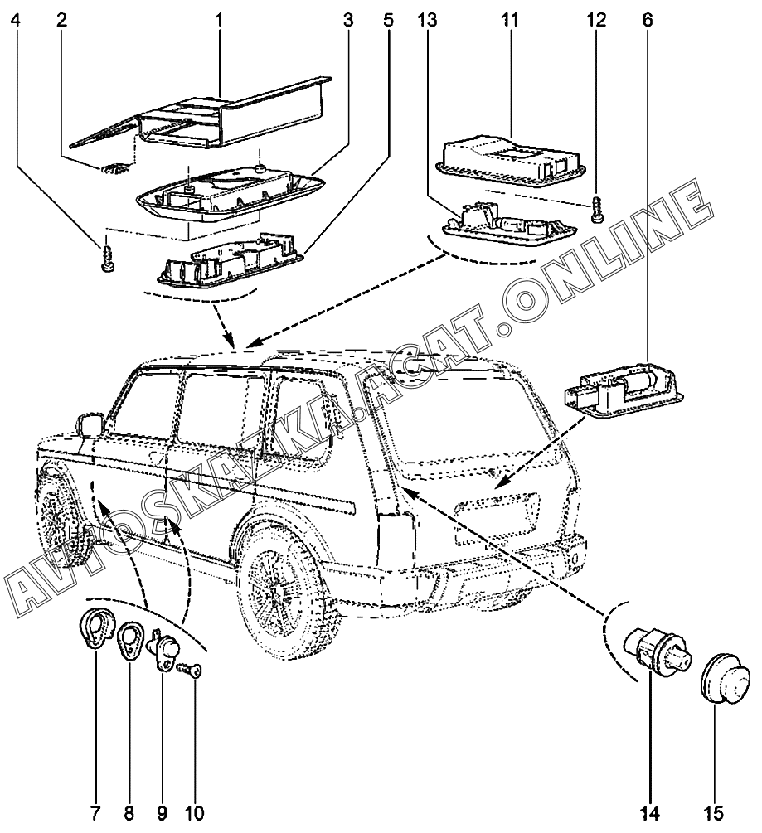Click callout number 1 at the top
pyautogui.click(x=221, y=17)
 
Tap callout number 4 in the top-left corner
pyautogui.click(x=17, y=17)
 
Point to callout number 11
pyautogui.click(x=509, y=17)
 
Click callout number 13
pyautogui.click(x=429, y=17)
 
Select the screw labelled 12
pyautogui.click(x=597, y=208)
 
